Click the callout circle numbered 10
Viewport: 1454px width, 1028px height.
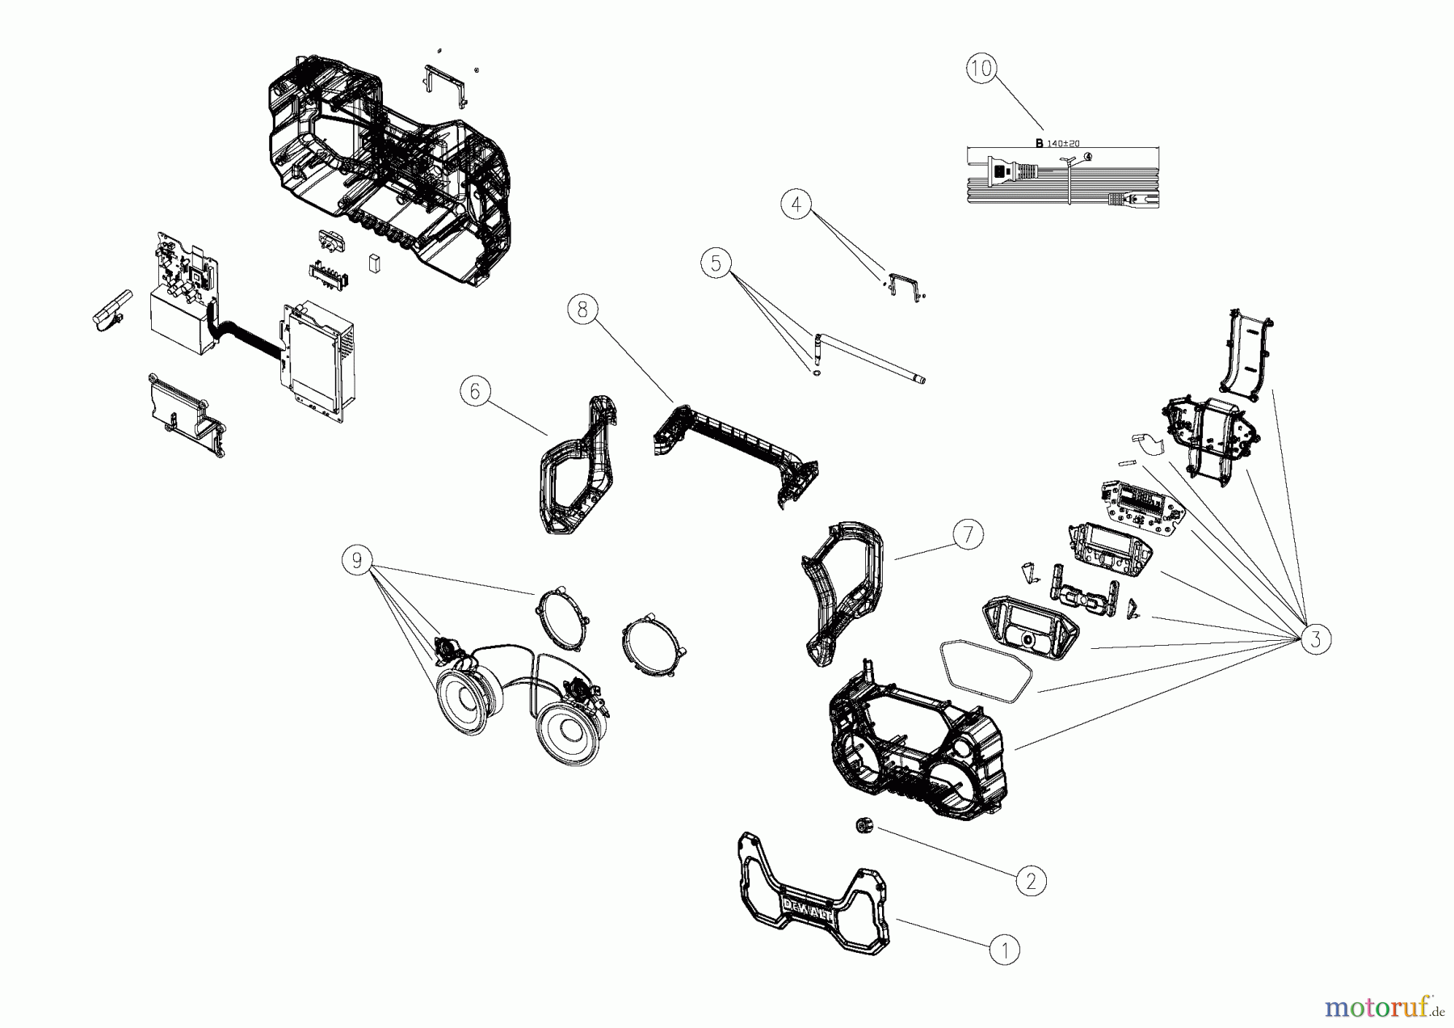pyautogui.click(x=981, y=70)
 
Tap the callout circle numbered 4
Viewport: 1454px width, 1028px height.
pyautogui.click(x=796, y=204)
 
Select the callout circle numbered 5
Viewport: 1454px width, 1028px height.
pyautogui.click(x=716, y=263)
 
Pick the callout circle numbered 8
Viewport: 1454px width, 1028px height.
pyautogui.click(x=582, y=310)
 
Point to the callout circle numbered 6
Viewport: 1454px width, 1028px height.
pyautogui.click(x=475, y=392)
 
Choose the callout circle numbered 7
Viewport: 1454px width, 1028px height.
pyautogui.click(x=968, y=534)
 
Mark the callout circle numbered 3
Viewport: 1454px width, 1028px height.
pyautogui.click(x=1315, y=639)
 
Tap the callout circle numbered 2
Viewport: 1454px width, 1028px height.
pyautogui.click(x=1030, y=880)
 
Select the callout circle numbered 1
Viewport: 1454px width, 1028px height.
pyautogui.click(x=1005, y=950)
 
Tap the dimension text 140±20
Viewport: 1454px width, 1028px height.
pyautogui.click(x=1063, y=143)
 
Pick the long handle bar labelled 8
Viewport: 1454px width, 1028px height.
pyautogui.click(x=735, y=444)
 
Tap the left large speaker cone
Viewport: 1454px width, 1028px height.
pyautogui.click(x=467, y=694)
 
